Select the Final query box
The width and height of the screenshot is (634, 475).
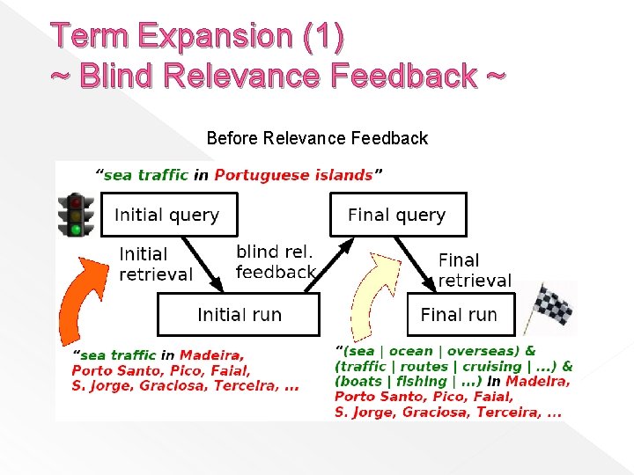click(398, 216)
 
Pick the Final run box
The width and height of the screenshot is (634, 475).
click(460, 315)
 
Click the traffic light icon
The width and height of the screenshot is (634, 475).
click(77, 216)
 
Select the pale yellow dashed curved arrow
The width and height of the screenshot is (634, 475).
click(370, 295)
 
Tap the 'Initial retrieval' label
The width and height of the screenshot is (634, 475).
click(155, 264)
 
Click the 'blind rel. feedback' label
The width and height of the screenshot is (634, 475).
click(276, 262)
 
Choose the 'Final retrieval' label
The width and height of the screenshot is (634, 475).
click(475, 270)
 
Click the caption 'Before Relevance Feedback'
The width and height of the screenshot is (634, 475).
click(317, 138)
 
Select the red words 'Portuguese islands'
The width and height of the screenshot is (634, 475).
click(293, 175)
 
